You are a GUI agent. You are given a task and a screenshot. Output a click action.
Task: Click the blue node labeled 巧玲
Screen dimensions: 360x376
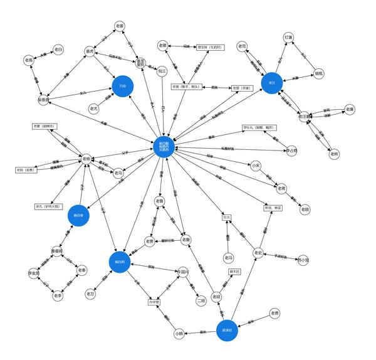[x=123, y=87]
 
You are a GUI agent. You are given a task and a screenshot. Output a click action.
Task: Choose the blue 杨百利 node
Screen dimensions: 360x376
[x=119, y=262]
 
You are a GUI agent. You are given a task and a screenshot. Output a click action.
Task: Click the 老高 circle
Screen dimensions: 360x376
[x=28, y=60]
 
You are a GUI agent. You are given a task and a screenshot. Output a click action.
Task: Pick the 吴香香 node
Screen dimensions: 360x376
[x=43, y=100]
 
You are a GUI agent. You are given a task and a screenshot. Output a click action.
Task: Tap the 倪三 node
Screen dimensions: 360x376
[x=162, y=71]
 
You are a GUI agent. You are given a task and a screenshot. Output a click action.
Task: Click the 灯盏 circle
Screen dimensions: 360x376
[x=288, y=38]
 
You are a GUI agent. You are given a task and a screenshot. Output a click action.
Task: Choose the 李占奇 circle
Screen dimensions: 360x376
[x=291, y=151]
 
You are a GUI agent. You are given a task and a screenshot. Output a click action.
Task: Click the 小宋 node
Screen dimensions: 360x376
[x=256, y=166]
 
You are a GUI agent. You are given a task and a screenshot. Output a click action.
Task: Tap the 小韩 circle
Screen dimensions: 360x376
[x=179, y=334]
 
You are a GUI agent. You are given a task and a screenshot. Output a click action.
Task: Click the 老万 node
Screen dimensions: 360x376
[x=91, y=293]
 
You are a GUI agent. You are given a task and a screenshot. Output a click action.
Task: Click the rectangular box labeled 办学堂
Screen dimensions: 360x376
[x=154, y=302]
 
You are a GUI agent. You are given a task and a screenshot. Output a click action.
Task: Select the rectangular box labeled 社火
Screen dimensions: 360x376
[x=227, y=218]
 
